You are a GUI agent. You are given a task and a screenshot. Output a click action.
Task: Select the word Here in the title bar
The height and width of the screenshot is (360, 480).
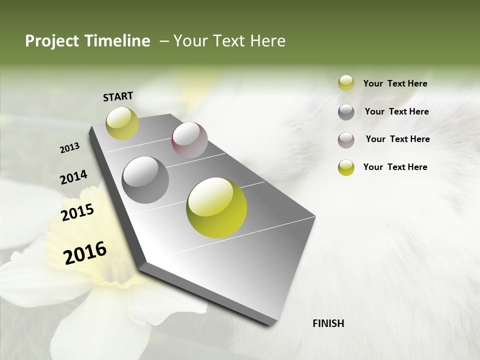click(267, 41)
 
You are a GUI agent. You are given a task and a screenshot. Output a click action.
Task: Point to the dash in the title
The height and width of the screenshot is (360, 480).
click(164, 41)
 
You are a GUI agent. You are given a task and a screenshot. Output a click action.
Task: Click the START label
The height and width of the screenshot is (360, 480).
click(118, 96)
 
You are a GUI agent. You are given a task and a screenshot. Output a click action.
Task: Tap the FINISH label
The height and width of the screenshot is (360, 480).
click(328, 323)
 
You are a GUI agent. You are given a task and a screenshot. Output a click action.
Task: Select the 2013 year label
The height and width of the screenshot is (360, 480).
click(69, 148)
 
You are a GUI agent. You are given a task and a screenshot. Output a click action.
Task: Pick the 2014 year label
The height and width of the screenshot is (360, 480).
click(73, 177)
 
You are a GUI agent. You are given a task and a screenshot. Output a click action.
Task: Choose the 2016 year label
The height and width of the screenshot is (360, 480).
click(85, 252)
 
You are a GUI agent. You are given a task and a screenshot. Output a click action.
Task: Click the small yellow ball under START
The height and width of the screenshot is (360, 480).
click(122, 123)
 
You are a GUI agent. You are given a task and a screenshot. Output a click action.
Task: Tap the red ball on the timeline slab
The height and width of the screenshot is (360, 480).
click(189, 140)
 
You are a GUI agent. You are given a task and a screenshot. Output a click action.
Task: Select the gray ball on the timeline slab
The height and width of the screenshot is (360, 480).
click(145, 180)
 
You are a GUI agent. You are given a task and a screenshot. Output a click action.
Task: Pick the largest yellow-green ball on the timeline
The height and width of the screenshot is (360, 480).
click(216, 207)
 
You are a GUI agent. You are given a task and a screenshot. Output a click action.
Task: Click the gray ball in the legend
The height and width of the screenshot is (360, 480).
click(346, 112)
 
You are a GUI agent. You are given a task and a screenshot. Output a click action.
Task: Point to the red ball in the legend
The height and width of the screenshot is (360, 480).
click(346, 140)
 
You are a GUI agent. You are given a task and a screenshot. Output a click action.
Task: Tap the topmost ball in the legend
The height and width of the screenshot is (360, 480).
click(346, 83)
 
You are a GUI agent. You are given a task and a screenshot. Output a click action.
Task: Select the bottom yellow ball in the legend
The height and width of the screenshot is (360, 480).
click(346, 167)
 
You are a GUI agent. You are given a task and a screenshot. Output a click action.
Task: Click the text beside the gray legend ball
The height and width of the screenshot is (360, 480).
click(396, 111)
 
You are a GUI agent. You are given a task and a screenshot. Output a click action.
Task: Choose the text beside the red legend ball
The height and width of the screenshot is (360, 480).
click(397, 139)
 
